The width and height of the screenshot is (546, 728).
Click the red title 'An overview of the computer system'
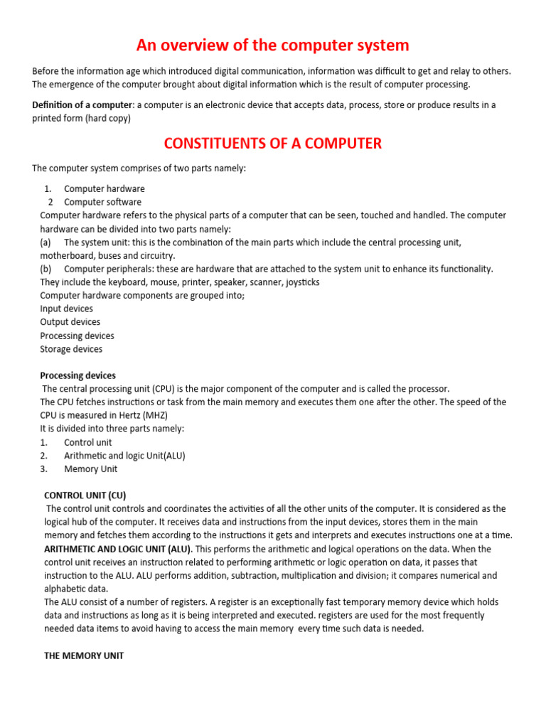tap(273, 45)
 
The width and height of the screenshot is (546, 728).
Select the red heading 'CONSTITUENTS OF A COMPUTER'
tap(273, 143)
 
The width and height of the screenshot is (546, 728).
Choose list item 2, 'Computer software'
tap(102, 202)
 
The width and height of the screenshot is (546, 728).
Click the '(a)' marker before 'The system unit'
tap(46, 242)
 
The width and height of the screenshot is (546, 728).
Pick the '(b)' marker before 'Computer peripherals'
tap(46, 269)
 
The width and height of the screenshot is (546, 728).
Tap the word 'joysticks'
tap(303, 282)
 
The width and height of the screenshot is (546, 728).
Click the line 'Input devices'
tap(66, 309)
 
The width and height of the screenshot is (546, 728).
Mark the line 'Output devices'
tap(70, 322)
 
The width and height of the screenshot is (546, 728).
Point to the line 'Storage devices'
tap(71, 349)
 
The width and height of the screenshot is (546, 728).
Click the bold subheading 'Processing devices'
tap(77, 375)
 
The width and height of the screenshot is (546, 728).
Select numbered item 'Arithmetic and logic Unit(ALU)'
tap(124, 456)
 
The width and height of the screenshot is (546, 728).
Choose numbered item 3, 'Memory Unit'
tap(91, 469)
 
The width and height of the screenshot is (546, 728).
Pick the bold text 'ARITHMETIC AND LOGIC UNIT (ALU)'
tap(117, 549)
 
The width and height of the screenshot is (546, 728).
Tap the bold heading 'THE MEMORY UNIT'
tap(84, 655)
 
